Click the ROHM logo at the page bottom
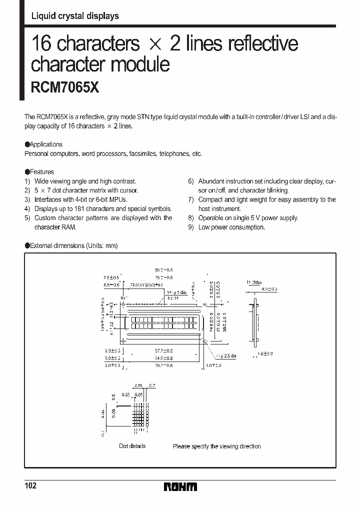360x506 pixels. point(180,486)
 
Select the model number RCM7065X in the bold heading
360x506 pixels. point(65,88)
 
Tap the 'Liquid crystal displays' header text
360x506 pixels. point(75,16)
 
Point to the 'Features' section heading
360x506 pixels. point(42,172)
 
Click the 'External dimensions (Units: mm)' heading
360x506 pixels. point(73,245)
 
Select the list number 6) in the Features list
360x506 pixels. point(190,181)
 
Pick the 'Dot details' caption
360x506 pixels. point(132,446)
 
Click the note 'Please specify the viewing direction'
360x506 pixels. point(216,446)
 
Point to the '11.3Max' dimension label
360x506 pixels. point(253,282)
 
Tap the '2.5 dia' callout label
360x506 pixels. point(226,355)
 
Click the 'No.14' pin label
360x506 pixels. point(173,297)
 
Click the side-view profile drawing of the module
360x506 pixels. point(256,322)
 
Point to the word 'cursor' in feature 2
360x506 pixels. point(128,190)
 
